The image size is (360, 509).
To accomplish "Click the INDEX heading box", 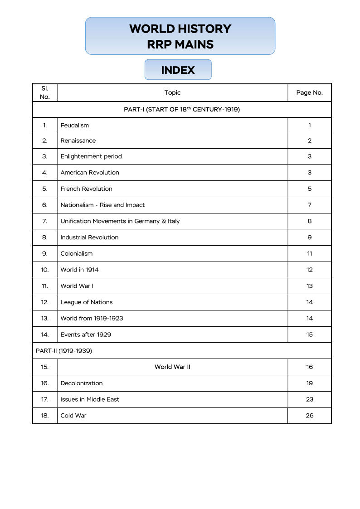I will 178,70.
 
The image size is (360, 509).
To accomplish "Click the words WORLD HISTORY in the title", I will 180,29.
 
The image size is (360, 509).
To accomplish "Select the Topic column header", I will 172,92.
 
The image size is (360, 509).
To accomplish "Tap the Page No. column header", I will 309,92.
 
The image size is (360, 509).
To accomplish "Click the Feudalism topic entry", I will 75,125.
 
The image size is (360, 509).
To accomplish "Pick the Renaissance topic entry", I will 78,141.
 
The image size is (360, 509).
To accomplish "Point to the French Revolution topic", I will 86,189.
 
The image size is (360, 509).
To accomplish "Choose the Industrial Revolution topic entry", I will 89,237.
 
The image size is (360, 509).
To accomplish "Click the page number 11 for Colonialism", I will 309,253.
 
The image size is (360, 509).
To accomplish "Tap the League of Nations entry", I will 86,302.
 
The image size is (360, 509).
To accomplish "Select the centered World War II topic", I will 172,367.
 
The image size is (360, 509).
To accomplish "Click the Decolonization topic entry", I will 82,383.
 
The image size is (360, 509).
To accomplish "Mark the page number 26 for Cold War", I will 309,415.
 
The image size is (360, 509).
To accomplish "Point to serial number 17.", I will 44,399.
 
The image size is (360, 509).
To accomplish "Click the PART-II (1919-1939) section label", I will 64,350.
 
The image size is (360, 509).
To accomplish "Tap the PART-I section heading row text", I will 181,109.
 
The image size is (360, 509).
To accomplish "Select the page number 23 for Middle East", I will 309,399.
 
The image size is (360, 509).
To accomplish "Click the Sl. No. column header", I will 44,92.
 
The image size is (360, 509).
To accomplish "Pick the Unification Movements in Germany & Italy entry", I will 120,221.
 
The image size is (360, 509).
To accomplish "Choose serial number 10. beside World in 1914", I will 44,270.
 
